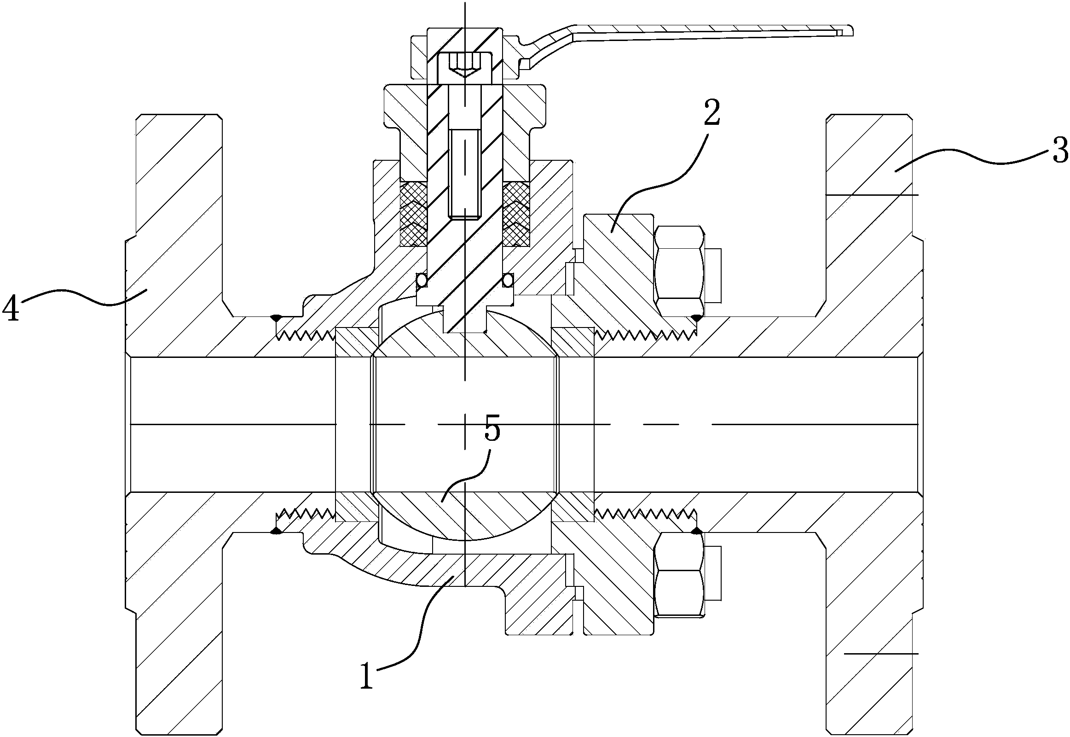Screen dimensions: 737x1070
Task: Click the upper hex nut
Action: (680, 271)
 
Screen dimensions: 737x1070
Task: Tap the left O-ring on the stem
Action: (422, 280)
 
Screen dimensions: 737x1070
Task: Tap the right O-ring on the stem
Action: (508, 280)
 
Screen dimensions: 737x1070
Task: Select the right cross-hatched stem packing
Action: (516, 214)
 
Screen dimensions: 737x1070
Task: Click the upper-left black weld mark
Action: (276, 318)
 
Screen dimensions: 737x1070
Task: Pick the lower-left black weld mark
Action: (276, 532)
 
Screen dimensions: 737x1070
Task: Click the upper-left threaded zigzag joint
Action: (305, 335)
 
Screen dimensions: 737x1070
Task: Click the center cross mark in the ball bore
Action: (465, 424)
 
